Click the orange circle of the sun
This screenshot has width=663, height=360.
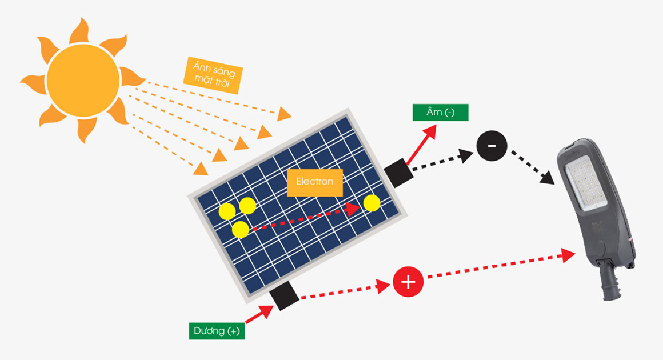tap(83, 80)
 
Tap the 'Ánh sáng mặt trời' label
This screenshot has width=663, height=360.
tap(213, 75)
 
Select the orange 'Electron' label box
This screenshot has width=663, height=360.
tap(314, 182)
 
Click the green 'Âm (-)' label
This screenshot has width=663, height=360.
tap(440, 113)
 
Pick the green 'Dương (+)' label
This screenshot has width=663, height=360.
tap(217, 331)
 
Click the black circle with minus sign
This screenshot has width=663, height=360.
tap(492, 146)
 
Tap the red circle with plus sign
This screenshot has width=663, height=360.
tap(408, 281)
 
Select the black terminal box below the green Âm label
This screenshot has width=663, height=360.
tap(398, 173)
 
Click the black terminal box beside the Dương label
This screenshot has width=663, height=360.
tap(285, 296)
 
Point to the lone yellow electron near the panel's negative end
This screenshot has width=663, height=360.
tap(372, 203)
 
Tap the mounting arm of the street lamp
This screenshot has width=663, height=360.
tap(610, 283)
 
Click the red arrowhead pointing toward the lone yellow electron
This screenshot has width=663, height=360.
tap(352, 209)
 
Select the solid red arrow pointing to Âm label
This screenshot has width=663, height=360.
tap(421, 144)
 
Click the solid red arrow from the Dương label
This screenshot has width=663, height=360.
tap(259, 314)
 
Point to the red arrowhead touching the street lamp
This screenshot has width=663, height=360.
tap(568, 255)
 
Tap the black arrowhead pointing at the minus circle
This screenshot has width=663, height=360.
tap(466, 155)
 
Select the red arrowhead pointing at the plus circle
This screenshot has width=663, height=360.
tap(383, 286)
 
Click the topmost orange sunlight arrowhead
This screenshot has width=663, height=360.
tap(284, 114)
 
